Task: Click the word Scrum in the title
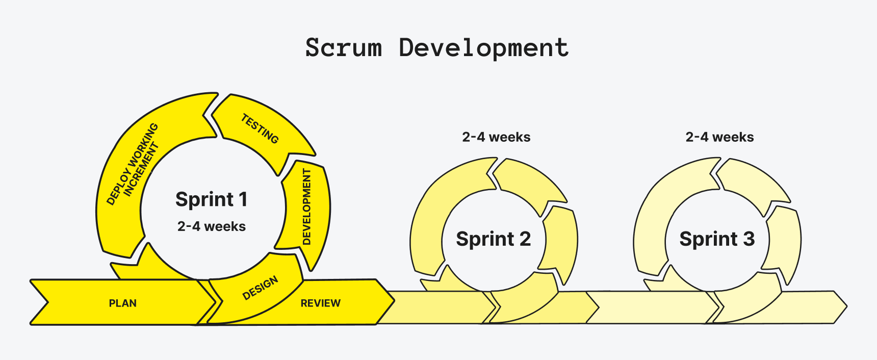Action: (343, 48)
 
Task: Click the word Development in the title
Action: (483, 48)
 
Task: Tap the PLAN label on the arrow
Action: (123, 303)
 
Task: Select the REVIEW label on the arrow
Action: (320, 303)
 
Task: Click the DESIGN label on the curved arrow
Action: (260, 288)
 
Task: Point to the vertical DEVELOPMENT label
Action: (306, 207)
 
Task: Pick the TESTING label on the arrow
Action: (260, 128)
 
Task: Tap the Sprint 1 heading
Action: (211, 199)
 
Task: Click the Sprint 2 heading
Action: (493, 239)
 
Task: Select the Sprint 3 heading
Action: (716, 239)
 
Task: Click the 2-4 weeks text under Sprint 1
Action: (211, 226)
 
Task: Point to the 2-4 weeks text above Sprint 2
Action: (496, 137)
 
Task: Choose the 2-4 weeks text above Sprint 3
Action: (719, 137)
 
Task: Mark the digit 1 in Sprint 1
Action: (243, 199)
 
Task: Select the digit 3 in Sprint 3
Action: (748, 239)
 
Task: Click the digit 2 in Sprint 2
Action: (525, 239)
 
